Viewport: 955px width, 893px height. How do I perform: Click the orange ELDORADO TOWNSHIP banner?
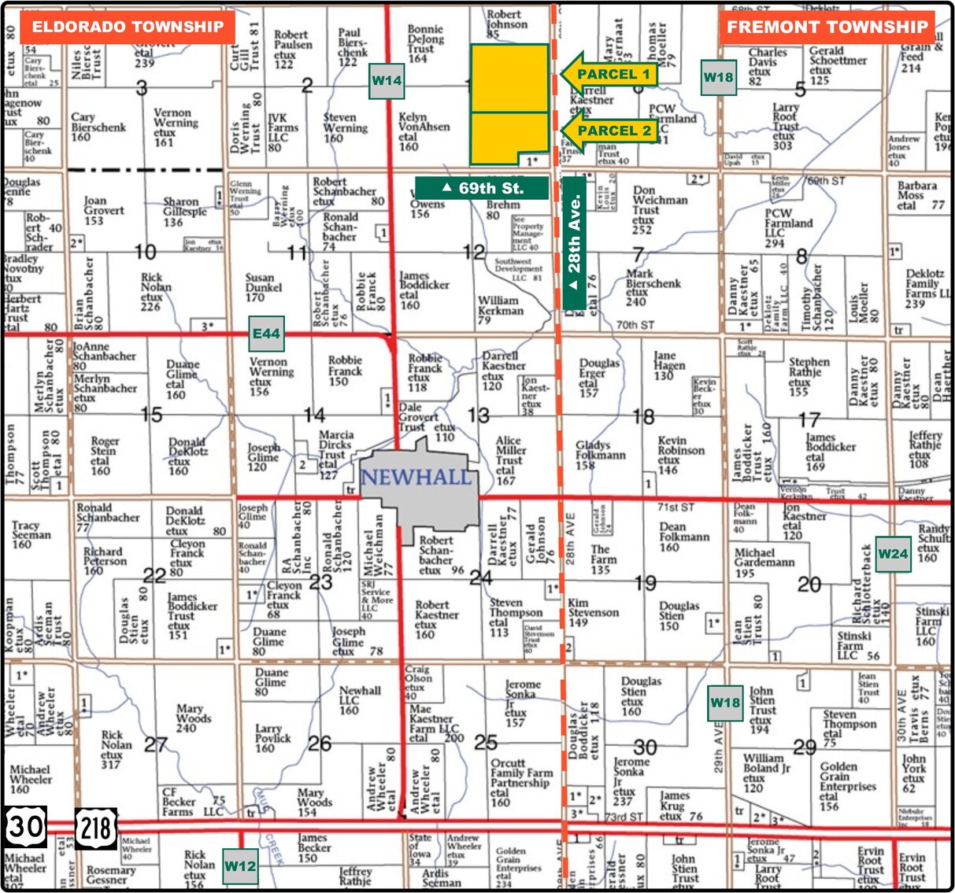(128, 27)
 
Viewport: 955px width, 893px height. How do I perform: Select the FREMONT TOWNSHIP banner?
(827, 27)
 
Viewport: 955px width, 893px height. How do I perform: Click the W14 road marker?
(387, 80)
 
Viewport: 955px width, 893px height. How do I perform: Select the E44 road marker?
(266, 334)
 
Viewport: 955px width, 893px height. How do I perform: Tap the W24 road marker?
(893, 554)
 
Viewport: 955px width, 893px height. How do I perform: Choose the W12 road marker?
(239, 866)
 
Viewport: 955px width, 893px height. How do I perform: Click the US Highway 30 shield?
(26, 827)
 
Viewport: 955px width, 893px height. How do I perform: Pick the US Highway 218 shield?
(96, 828)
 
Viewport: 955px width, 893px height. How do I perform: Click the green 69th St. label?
(482, 188)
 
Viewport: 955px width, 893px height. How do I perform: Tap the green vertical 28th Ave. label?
(575, 243)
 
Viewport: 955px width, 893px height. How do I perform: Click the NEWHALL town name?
(416, 478)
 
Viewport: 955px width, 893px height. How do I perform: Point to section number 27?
(156, 744)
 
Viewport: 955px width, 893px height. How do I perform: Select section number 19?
(645, 583)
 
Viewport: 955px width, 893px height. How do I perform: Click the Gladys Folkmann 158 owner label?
(600, 455)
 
